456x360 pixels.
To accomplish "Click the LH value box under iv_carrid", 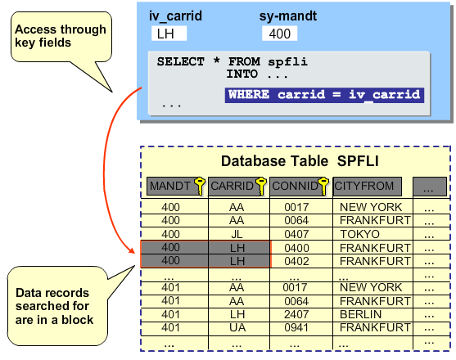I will click(x=169, y=34).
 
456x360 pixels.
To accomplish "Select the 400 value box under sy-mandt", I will click(x=279, y=34).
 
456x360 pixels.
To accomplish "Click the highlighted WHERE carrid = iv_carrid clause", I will click(x=324, y=95).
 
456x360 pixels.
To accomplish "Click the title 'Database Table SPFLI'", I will click(x=297, y=161).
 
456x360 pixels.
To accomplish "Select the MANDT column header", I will click(x=170, y=187).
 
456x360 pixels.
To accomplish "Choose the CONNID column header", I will click(x=299, y=187).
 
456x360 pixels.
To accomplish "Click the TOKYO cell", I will click(x=370, y=234).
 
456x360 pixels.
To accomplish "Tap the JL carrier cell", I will click(x=238, y=234).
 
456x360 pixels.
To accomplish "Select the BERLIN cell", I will click(x=370, y=314).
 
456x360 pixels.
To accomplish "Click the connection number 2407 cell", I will click(x=300, y=314).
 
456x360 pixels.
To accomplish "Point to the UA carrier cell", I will click(x=238, y=327).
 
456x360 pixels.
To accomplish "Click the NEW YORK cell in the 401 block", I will click(x=370, y=288).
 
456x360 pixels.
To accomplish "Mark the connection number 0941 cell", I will click(x=300, y=327).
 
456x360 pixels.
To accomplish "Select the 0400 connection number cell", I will click(x=300, y=248).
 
